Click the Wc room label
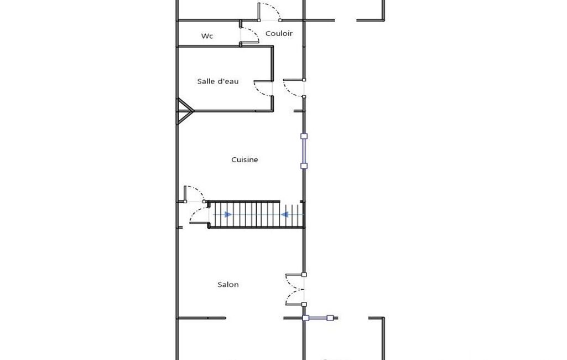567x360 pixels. tap(207, 36)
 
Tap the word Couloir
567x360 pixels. tap(279, 33)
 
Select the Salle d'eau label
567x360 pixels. tap(218, 81)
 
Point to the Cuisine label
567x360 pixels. tap(245, 160)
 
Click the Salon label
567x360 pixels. tap(228, 284)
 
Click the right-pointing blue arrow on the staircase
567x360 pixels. tap(228, 214)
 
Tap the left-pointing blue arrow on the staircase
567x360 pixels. tap(284, 214)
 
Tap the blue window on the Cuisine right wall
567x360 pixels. tap(304, 151)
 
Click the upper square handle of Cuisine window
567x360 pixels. tap(304, 136)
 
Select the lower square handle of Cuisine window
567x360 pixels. tap(304, 166)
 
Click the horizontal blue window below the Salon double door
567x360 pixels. tap(318, 318)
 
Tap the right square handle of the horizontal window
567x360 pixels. tap(330, 318)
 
